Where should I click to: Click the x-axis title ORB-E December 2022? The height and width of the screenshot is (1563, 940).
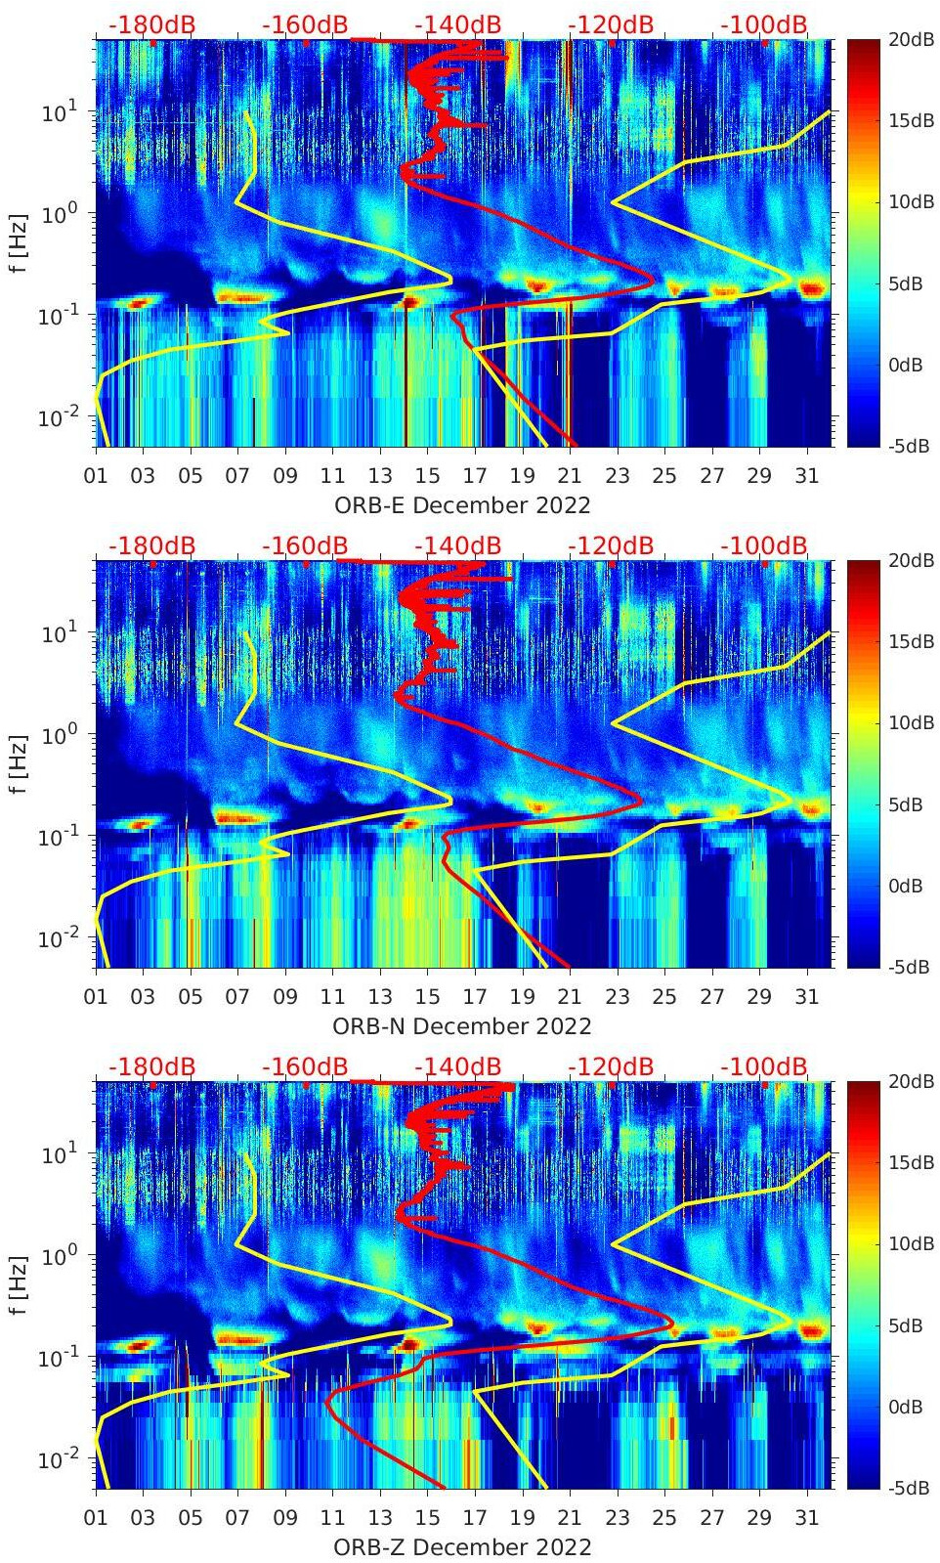pos(462,505)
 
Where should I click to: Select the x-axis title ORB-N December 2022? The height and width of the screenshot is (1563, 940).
pos(462,1026)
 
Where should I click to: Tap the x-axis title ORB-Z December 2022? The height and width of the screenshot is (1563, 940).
pos(462,1547)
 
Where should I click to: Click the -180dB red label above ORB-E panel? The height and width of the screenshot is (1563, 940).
pos(151,24)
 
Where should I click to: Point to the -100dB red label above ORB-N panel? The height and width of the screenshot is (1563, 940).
pos(764,545)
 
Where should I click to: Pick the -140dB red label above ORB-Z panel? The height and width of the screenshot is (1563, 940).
pos(457,1066)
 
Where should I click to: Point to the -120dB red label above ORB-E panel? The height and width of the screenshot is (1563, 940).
pos(611,24)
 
